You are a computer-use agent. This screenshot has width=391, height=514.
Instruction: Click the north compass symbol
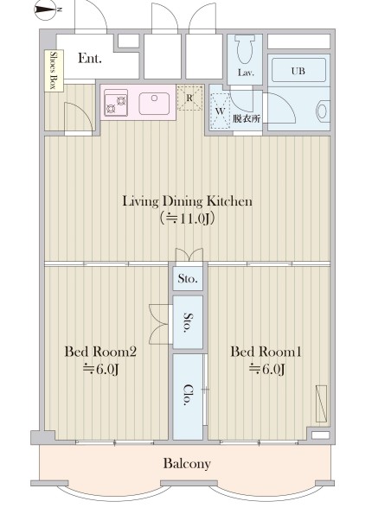tap(47, 10)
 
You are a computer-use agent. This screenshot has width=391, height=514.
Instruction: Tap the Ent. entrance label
tap(90, 58)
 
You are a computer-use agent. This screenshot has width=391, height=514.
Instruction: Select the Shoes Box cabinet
tap(54, 70)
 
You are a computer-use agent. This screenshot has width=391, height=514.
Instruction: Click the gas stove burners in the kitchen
tap(116, 103)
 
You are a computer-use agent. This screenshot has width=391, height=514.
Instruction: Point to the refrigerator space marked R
tap(189, 98)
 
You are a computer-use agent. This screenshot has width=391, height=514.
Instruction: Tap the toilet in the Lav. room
tap(245, 49)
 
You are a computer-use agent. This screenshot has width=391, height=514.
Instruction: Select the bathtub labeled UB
tap(298, 70)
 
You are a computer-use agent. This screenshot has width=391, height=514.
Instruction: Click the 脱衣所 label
tap(247, 118)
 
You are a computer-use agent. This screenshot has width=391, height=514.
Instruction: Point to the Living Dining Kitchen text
tap(188, 201)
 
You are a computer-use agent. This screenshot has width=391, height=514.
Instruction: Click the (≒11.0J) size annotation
tap(188, 219)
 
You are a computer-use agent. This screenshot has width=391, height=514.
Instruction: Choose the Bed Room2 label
tap(100, 352)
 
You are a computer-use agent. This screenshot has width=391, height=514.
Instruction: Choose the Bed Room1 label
tap(266, 352)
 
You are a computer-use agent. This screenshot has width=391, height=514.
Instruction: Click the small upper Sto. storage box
tap(188, 279)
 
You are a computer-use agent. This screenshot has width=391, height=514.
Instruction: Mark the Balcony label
tap(187, 464)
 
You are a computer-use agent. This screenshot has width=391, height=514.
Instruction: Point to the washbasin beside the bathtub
tap(322, 111)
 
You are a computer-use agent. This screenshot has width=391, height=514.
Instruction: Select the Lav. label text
tap(246, 73)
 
